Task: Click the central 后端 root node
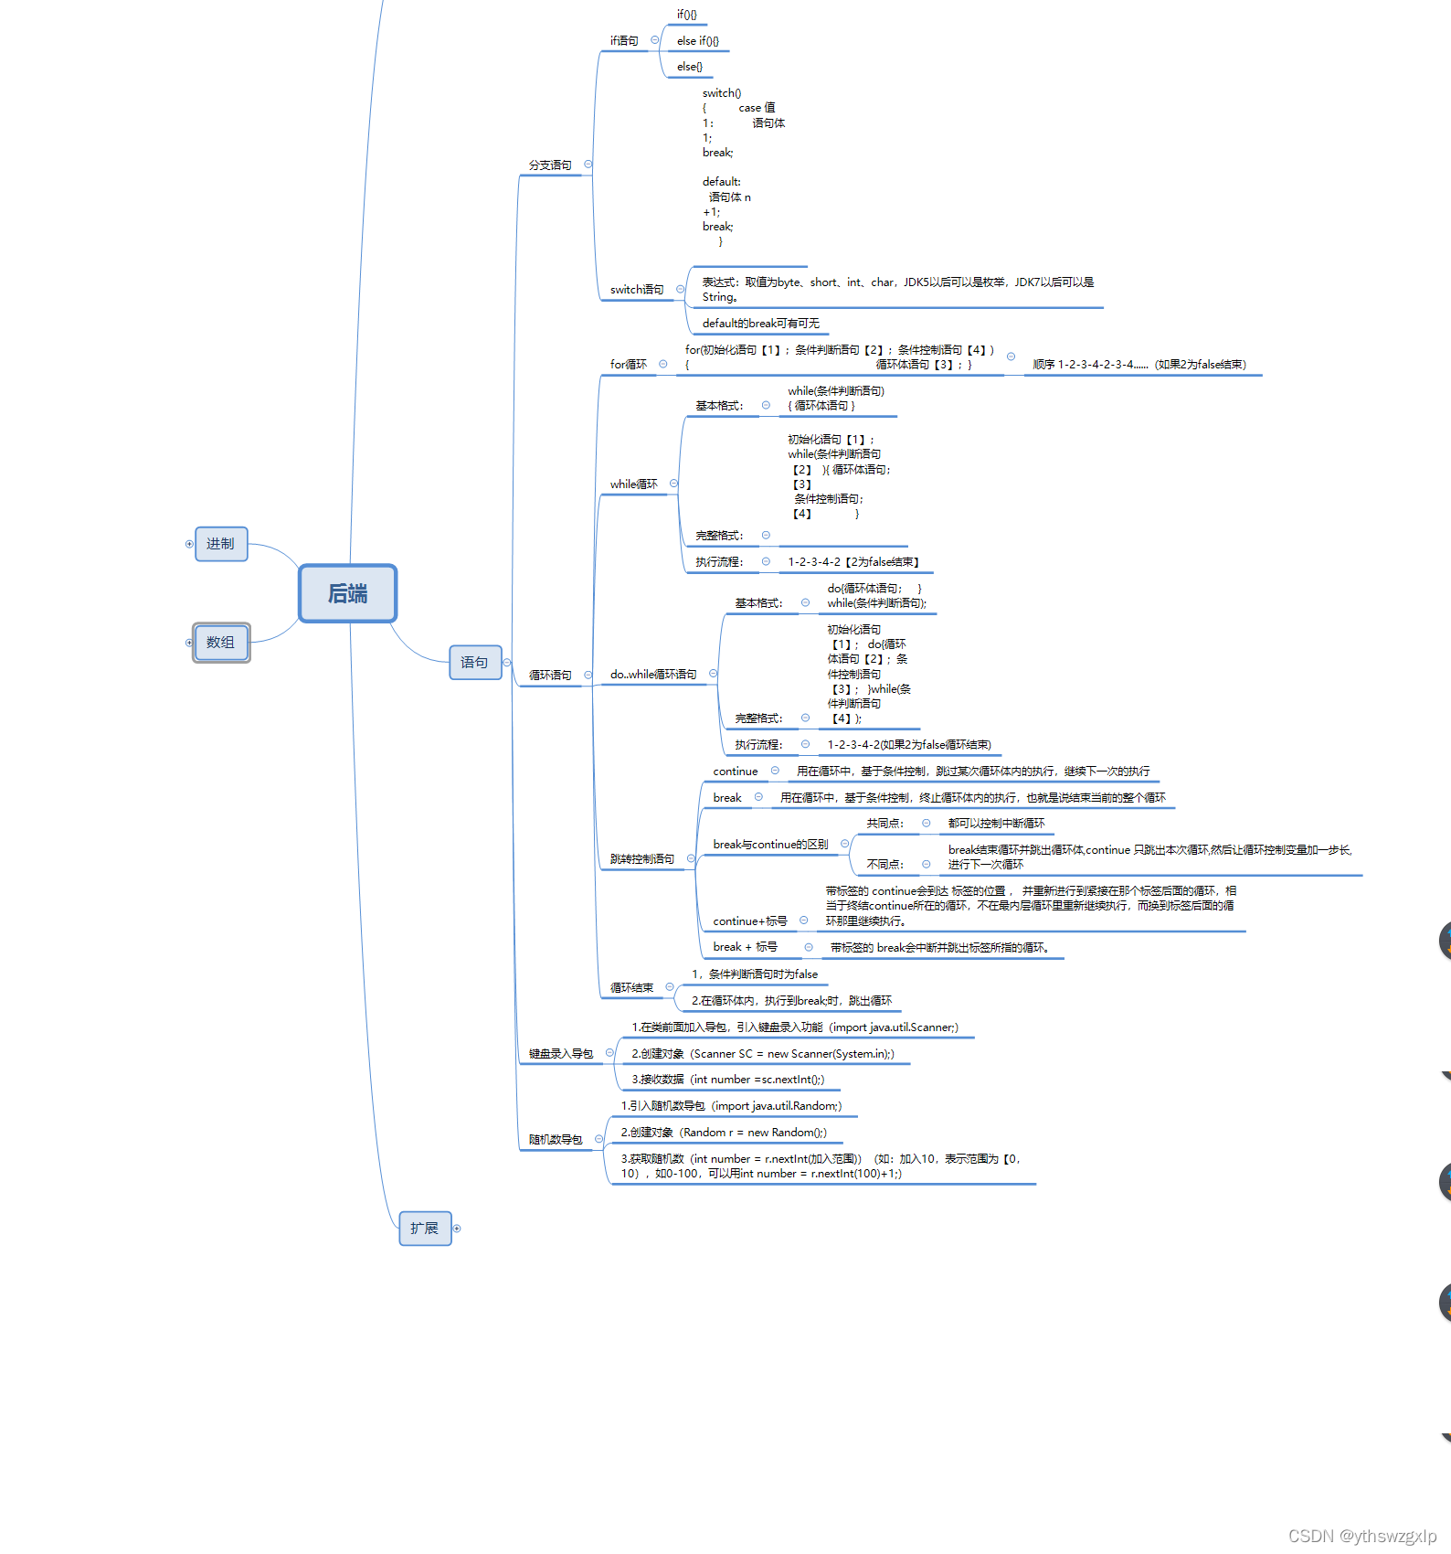pos(347,593)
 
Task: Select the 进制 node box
pos(221,544)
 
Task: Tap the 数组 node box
pos(221,643)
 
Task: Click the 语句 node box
pos(475,662)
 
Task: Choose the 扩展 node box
pos(425,1228)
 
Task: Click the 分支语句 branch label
pos(550,165)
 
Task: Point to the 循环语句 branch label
pos(550,676)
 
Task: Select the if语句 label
pos(624,41)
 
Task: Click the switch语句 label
pos(637,290)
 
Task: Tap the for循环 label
pos(629,365)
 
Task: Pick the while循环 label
pos(634,484)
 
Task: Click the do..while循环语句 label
pos(653,675)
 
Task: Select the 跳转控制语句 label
pos(642,859)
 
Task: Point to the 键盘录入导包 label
pos(561,1054)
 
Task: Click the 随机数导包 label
pos(556,1140)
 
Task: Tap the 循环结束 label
pos(632,988)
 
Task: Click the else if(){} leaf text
pos(698,41)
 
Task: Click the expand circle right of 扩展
pos(457,1229)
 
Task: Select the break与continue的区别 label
pos(770,845)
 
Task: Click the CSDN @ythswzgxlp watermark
pos(1361,1536)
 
